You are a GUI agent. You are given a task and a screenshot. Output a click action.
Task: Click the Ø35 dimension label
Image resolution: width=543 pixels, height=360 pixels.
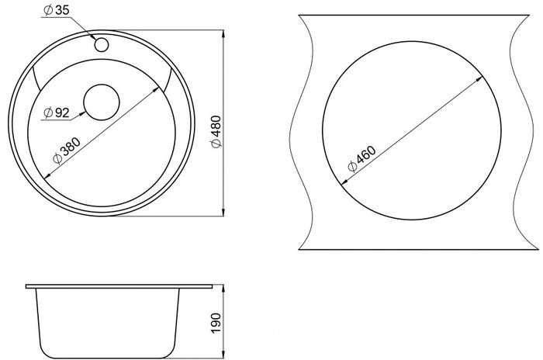click(56, 10)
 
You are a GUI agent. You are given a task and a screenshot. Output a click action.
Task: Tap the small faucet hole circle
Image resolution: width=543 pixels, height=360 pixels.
click(102, 45)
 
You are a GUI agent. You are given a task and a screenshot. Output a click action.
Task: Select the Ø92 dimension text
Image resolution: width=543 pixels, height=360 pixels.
click(57, 112)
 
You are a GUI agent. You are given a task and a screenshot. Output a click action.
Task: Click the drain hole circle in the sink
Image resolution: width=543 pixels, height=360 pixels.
click(102, 102)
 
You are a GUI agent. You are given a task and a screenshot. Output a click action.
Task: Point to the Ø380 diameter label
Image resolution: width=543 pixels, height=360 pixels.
click(67, 151)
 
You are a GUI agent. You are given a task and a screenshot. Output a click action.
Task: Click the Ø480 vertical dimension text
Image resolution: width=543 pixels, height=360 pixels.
click(216, 132)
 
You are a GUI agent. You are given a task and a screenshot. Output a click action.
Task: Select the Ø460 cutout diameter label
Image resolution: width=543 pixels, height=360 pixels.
click(361, 159)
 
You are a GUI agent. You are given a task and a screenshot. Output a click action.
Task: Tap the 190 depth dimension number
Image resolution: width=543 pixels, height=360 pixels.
click(216, 323)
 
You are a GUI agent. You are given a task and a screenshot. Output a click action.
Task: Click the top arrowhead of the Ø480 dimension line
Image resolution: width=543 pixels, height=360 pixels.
click(223, 34)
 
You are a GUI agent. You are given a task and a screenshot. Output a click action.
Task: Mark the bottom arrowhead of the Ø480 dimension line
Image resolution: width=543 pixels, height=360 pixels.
click(223, 212)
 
